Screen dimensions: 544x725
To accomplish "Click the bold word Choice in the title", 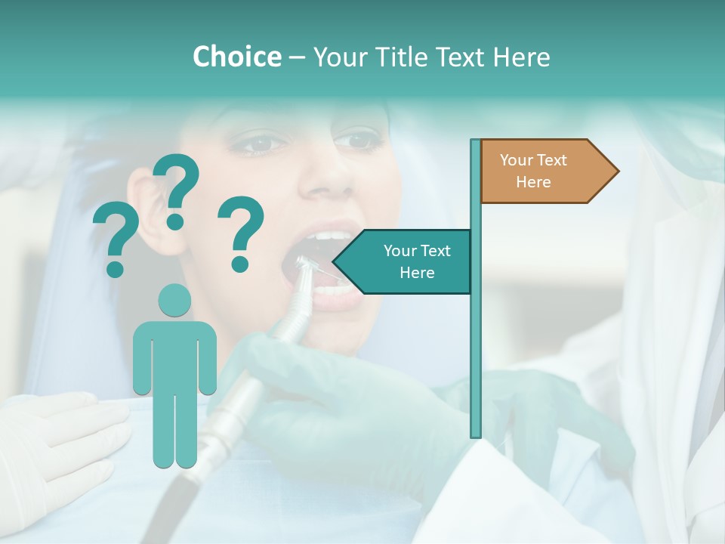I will coord(236,57).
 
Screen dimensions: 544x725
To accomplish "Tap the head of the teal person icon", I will coord(174,300).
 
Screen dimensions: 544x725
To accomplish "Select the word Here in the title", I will coord(521,57).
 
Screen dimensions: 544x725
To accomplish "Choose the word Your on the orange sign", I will coord(517,160).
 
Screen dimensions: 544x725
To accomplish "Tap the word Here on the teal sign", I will coord(417,273).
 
